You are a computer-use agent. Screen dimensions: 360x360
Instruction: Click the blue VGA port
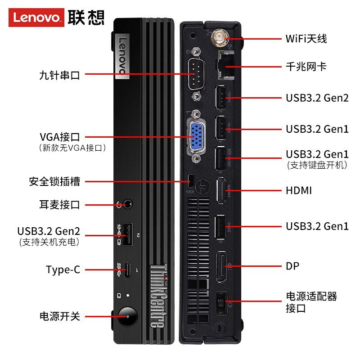pos(197,135)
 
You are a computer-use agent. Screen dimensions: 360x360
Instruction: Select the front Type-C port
pos(128,270)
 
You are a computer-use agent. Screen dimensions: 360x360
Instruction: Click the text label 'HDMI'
pos(299,191)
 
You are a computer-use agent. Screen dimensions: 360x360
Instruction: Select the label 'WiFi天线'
pos(306,38)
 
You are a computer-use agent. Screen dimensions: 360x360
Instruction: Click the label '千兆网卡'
pos(306,67)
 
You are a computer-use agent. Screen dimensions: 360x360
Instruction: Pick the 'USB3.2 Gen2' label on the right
pos(317,98)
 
